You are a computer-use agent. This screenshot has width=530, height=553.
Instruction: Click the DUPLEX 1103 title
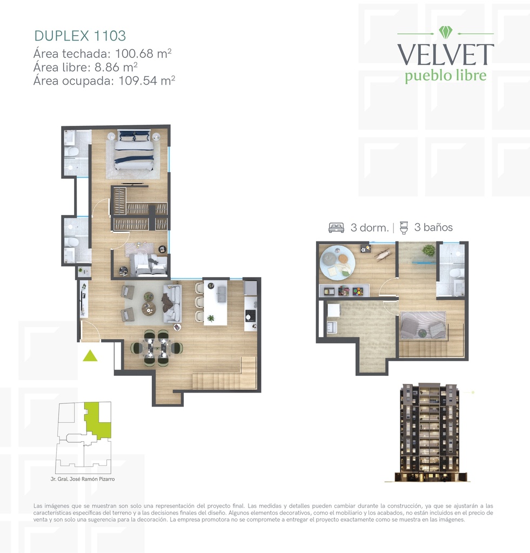(80, 36)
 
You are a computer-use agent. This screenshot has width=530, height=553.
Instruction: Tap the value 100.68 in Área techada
(134, 53)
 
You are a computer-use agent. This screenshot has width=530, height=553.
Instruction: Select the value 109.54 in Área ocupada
(138, 81)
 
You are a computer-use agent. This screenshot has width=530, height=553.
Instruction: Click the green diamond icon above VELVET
(445, 32)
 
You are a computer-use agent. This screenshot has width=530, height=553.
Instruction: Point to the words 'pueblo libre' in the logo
(446, 76)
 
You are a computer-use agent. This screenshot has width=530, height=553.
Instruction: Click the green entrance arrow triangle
(90, 355)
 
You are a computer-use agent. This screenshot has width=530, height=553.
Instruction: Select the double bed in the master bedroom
(134, 150)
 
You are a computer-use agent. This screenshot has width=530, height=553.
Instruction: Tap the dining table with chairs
(157, 348)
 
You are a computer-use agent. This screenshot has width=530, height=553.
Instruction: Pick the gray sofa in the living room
(172, 304)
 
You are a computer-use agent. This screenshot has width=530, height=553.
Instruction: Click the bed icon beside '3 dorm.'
(336, 227)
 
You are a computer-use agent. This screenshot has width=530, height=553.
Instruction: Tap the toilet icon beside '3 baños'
(404, 227)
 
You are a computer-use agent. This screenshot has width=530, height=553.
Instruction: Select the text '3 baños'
(433, 227)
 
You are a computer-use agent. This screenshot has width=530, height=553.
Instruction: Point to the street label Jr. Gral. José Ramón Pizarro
(83, 479)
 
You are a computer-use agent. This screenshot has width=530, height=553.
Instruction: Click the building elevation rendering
(430, 433)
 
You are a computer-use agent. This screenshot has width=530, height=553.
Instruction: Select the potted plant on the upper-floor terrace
(429, 251)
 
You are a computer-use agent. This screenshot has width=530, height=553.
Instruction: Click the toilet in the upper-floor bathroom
(458, 273)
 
